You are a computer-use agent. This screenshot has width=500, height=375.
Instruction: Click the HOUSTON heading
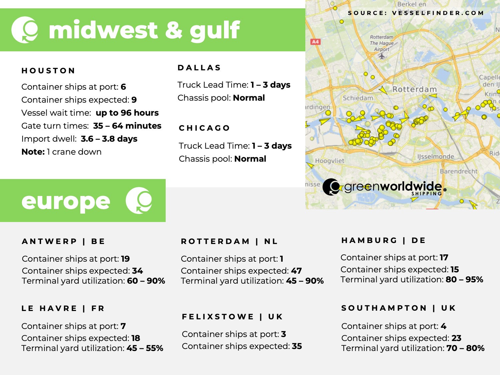(x=48, y=71)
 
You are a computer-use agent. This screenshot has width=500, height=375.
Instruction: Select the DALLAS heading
(x=199, y=68)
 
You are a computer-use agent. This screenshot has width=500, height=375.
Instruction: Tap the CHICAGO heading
(x=204, y=128)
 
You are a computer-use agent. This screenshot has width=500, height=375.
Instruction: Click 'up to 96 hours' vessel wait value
(x=127, y=113)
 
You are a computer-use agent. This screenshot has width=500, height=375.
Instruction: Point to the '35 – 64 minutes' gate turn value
(x=127, y=126)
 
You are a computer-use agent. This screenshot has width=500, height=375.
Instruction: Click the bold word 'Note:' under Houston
(x=33, y=152)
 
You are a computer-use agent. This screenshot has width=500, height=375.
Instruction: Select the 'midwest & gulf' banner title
(x=144, y=30)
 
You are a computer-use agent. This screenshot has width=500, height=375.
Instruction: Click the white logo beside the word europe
(x=139, y=200)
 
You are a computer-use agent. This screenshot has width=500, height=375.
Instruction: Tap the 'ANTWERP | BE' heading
(x=63, y=241)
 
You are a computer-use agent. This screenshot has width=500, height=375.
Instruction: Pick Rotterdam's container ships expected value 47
(x=296, y=271)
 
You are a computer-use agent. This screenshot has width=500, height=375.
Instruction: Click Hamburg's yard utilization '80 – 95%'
(x=464, y=279)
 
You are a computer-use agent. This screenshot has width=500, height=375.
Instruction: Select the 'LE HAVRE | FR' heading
(x=63, y=308)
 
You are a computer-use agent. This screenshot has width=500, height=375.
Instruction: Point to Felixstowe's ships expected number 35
(x=297, y=346)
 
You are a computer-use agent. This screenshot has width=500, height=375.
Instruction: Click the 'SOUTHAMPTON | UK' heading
(x=398, y=308)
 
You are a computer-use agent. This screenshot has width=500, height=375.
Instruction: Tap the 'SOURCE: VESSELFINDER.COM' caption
(x=416, y=13)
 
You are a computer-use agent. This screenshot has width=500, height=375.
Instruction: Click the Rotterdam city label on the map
(x=414, y=89)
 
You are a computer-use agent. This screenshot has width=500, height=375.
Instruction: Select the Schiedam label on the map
(x=358, y=98)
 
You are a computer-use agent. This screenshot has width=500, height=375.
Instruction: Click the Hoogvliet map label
(x=330, y=161)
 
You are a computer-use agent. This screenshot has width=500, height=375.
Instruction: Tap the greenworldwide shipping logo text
(x=393, y=187)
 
